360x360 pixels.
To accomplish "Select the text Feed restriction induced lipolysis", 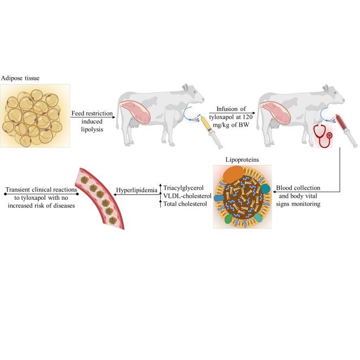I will tap(92, 118).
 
